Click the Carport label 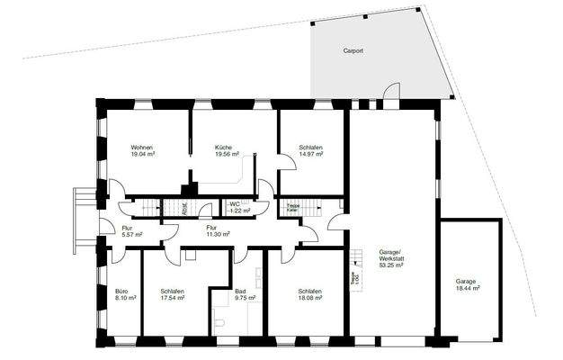pyautogui.click(x=353, y=52)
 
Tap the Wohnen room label pyautogui.click(x=141, y=147)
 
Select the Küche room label pyautogui.click(x=224, y=147)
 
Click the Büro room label pyautogui.click(x=126, y=292)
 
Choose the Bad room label pyautogui.click(x=240, y=292)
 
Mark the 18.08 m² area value pyautogui.click(x=310, y=298)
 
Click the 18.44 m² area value pyautogui.click(x=466, y=288)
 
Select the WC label pyautogui.click(x=236, y=204)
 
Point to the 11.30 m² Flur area pyautogui.click(x=218, y=234)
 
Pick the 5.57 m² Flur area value pyautogui.click(x=132, y=234)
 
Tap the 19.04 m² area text pyautogui.click(x=141, y=154)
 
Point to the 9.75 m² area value pyautogui.click(x=240, y=298)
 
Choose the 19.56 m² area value pyautogui.click(x=226, y=154)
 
